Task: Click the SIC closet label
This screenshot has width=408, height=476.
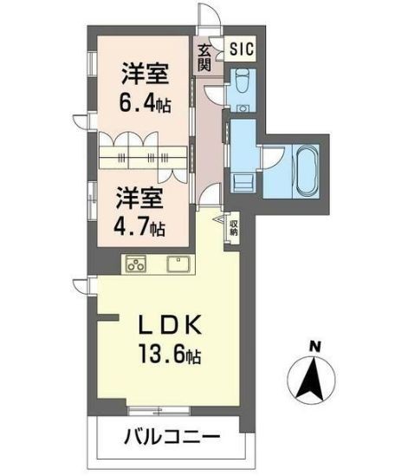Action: (242, 49)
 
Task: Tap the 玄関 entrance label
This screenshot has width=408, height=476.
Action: (204, 58)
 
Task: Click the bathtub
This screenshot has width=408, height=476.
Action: (307, 171)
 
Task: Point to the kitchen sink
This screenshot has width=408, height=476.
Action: (178, 264)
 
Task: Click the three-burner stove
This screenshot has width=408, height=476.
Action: (136, 264)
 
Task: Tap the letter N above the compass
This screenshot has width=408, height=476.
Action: (314, 346)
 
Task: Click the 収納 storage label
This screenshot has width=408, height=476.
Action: (234, 228)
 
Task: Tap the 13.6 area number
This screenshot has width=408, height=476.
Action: (161, 352)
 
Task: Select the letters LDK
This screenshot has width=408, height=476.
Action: (170, 324)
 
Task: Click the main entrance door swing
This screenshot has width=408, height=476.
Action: (209, 15)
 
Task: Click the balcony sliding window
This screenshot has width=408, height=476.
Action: (159, 411)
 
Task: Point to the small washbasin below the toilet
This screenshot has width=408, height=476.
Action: (242, 108)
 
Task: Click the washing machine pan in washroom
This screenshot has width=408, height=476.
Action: (243, 183)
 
